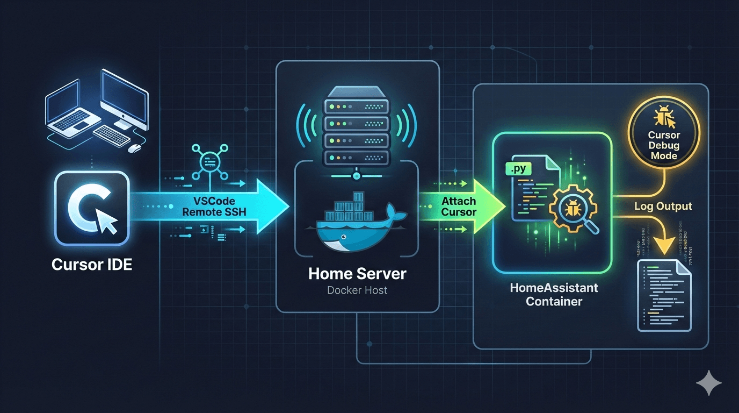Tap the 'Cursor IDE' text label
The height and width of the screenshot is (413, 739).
92,265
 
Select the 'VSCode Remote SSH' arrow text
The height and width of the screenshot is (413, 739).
214,206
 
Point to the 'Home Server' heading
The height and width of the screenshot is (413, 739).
357,274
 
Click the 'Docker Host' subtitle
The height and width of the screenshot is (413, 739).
357,290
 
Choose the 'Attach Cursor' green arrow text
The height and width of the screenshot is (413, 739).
459,206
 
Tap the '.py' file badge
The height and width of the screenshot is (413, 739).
519,170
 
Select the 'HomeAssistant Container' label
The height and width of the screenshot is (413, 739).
554,294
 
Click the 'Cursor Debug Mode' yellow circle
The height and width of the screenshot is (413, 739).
663,141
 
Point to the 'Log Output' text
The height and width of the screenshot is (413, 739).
663,206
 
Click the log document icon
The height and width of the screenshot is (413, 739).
664,295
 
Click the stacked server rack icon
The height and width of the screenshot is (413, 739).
357,129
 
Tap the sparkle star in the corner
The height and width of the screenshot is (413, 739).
708,383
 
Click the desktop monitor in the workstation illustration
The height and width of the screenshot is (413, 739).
124,97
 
